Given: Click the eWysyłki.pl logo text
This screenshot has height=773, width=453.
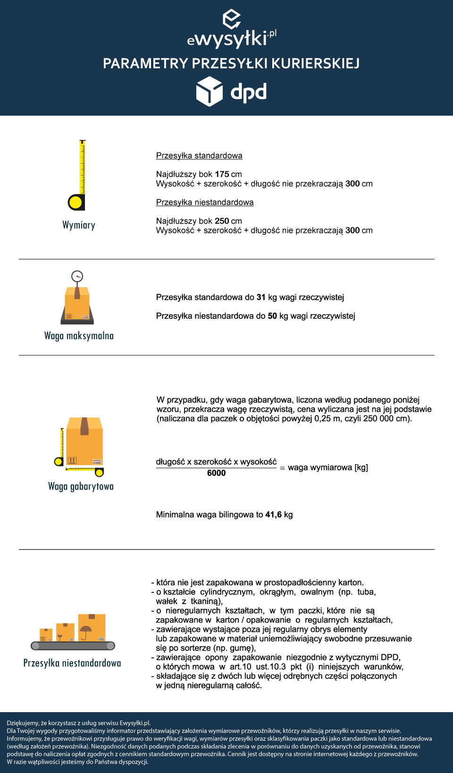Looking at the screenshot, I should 231,38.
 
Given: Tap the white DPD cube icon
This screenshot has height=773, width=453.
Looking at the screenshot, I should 209,91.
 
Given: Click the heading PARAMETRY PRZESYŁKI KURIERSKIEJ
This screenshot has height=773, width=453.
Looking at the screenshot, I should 231,63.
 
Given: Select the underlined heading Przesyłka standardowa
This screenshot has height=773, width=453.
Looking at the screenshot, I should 199,156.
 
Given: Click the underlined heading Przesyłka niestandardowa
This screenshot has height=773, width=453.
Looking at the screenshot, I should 205,202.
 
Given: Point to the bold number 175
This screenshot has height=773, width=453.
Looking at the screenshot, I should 222,174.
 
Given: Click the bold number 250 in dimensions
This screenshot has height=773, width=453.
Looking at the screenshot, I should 222,221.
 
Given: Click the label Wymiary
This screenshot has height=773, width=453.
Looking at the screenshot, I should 79,225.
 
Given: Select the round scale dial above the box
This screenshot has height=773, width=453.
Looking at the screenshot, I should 77,276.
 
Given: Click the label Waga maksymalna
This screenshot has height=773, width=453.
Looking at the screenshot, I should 79,336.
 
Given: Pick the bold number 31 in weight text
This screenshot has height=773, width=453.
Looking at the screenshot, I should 261,297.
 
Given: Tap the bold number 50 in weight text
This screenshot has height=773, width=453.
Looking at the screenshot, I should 272,316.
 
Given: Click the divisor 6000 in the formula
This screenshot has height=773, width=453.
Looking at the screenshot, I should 216,473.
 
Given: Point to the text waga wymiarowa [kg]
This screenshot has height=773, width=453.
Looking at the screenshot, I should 328,467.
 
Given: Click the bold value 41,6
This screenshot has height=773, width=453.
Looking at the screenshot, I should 273,515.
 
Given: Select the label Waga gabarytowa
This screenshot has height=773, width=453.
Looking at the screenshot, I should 81,486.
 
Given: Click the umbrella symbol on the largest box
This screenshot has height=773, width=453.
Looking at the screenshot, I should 86,631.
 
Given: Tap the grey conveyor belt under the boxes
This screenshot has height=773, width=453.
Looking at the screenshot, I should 73,646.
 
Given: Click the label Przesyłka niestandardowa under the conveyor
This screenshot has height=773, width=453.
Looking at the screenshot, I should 72,663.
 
